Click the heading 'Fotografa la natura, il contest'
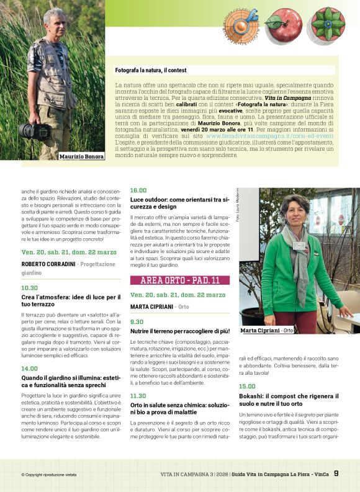coord(151,71)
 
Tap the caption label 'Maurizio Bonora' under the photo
coord(81,156)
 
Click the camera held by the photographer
coord(34,130)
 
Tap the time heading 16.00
coord(138,190)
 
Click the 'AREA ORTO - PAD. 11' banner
coord(179,280)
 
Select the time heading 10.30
coord(30,288)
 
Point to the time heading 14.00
coord(30,369)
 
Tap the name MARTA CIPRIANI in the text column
coord(151,306)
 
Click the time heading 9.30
coord(137,322)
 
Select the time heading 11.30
coord(138,395)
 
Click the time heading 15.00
coord(247,386)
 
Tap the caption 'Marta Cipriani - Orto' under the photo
coord(266,331)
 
